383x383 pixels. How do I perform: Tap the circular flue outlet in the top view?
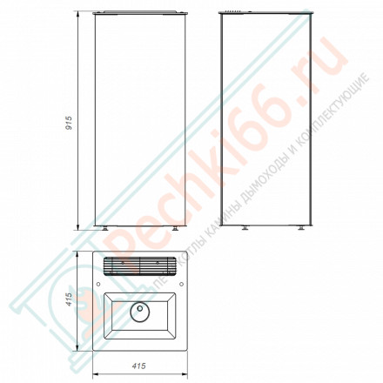coord(139,309)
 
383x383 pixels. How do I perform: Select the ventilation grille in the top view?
coord(139,265)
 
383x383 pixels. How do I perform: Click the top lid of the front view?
coord(141,13)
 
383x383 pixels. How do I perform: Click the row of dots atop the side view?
coord(233,11)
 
